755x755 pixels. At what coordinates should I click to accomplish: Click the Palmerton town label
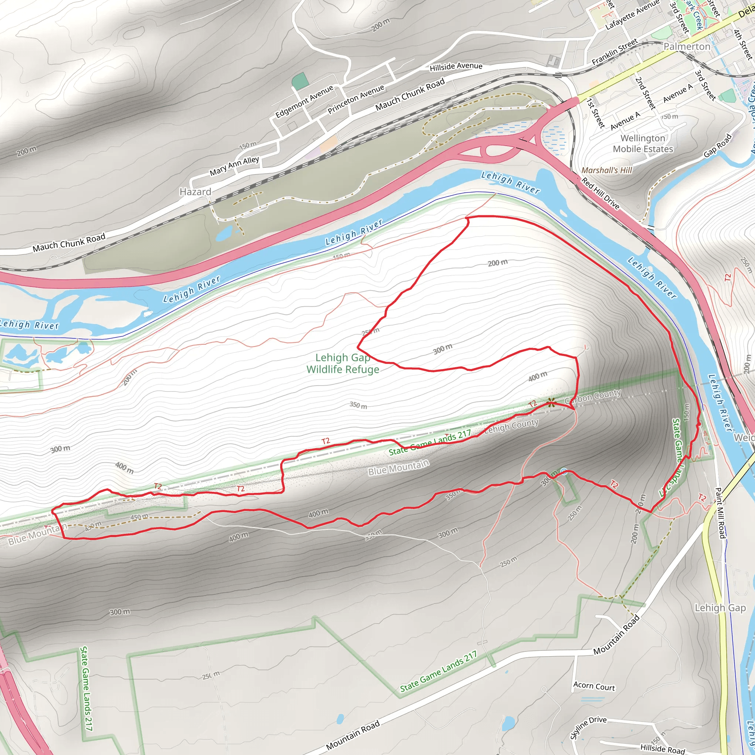[686, 46]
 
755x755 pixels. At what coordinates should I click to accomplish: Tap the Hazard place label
[195, 192]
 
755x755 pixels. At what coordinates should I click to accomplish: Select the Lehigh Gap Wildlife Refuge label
[343, 363]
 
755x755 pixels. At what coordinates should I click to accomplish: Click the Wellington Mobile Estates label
[643, 143]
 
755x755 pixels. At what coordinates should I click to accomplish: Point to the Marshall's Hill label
[606, 170]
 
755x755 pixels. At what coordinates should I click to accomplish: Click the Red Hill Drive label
[600, 194]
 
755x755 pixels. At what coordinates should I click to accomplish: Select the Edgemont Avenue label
[305, 102]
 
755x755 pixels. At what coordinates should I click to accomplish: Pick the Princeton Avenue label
[356, 99]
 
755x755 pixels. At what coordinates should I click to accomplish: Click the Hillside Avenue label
[456, 67]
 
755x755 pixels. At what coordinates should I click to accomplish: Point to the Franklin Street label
[614, 52]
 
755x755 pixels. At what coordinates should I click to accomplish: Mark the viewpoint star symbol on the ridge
[551, 402]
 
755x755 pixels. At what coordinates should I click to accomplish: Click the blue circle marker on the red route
[564, 471]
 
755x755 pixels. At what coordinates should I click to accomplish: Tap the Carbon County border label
[592, 396]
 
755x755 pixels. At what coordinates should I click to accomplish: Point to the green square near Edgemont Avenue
[300, 81]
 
